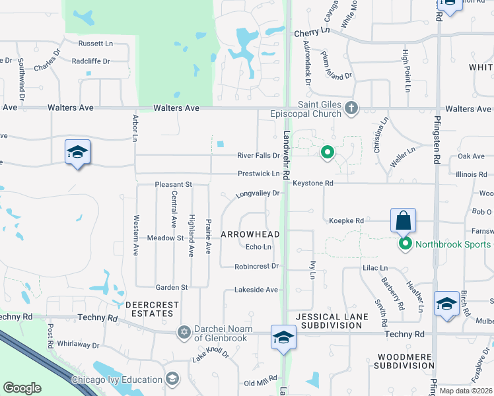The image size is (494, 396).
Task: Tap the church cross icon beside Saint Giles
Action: (x=351, y=108)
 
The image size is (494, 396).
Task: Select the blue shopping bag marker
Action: (x=402, y=220)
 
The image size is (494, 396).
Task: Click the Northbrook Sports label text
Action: (x=453, y=245)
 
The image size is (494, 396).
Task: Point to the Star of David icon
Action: (x=184, y=332)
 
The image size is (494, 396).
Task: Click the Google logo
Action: (x=22, y=388)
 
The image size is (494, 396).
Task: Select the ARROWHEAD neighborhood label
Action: (x=250, y=234)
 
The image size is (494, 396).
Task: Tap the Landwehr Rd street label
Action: (x=287, y=154)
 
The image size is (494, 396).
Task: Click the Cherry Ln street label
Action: (x=312, y=32)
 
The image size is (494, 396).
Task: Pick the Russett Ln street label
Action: (x=96, y=44)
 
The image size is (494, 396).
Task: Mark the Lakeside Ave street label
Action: (x=257, y=290)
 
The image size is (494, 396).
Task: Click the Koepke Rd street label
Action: (x=346, y=220)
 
